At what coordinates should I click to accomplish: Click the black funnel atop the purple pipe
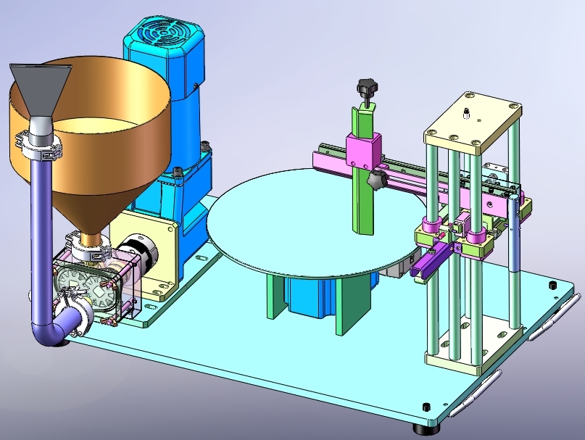tap(42, 87)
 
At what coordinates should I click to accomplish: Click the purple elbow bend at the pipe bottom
tap(51, 330)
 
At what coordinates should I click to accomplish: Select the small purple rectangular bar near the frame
tap(428, 262)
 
